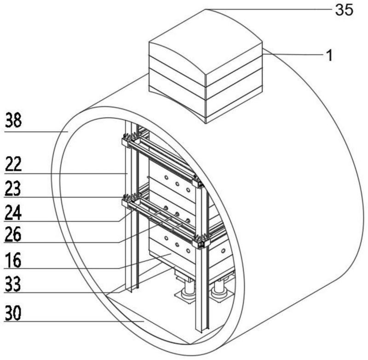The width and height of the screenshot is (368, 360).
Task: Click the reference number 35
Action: (344, 10)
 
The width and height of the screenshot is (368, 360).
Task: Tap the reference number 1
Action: (330, 56)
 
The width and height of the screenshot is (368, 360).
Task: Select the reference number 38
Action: (13, 120)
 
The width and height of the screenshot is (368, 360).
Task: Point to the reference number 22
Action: (13, 164)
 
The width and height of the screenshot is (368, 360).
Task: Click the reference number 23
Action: (13, 188)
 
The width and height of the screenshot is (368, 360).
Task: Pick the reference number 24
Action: (13, 212)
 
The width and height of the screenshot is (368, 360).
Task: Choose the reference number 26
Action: (13, 234)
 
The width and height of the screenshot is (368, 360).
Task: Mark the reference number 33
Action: (13, 284)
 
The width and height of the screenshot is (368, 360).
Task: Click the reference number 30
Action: (13, 313)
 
